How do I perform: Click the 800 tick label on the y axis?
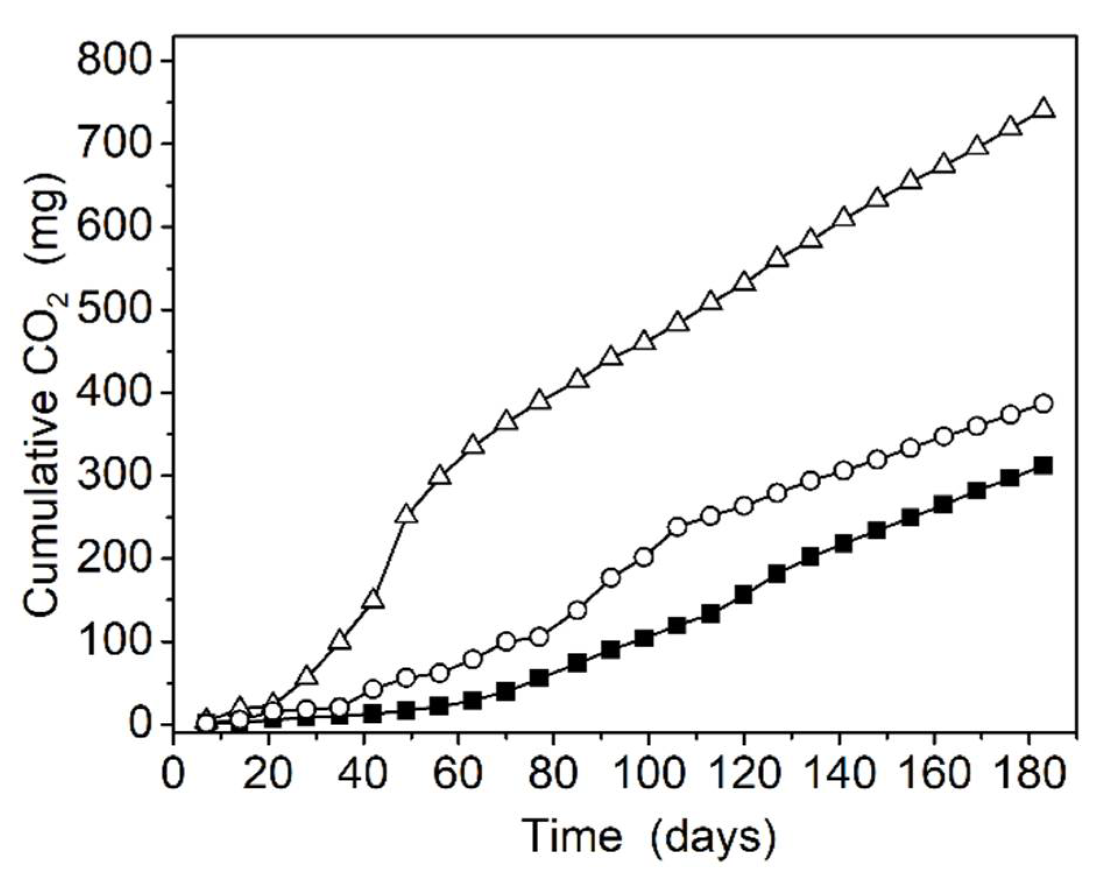(x=116, y=61)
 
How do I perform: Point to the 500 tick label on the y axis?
(x=116, y=310)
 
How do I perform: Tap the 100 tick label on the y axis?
(x=116, y=642)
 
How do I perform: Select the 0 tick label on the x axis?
(x=173, y=773)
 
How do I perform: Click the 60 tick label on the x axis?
(x=458, y=773)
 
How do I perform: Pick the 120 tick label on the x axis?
(x=744, y=773)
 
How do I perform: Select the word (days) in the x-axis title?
(x=713, y=838)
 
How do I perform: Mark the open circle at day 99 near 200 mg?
(x=644, y=557)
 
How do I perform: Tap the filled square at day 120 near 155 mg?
(x=744, y=595)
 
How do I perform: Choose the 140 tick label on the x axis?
(x=839, y=773)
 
